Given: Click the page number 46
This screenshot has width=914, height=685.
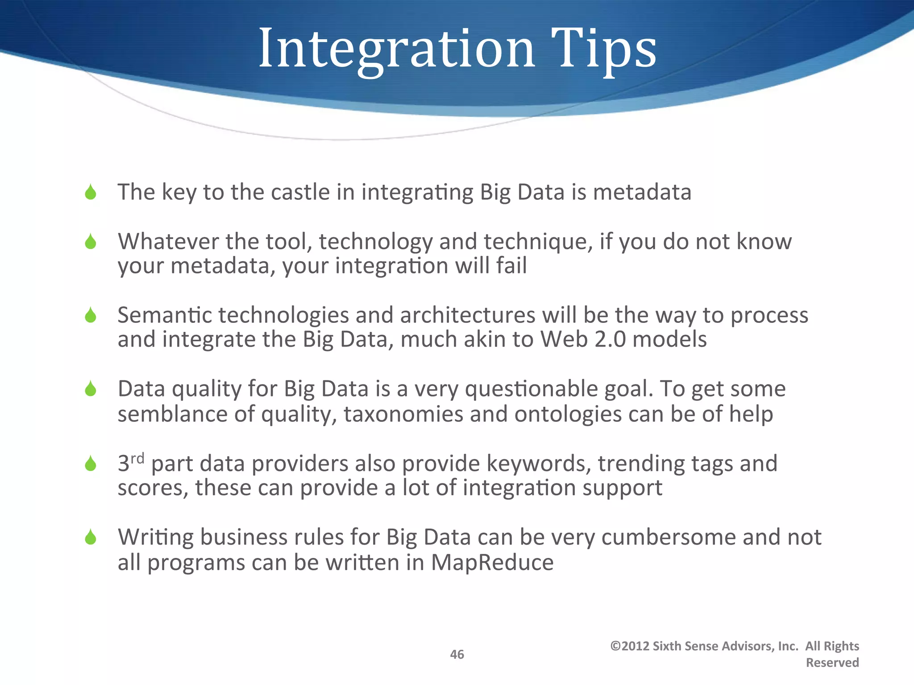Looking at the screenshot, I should (457, 654).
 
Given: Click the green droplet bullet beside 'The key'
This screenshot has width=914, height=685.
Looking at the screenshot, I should (91, 192).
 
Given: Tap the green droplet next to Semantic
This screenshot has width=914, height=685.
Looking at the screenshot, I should (91, 315).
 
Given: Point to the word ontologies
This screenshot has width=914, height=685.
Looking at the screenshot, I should (568, 414).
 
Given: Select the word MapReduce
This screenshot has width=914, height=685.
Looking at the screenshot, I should (492, 562).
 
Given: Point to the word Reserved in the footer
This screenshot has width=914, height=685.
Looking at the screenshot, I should (832, 663).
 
